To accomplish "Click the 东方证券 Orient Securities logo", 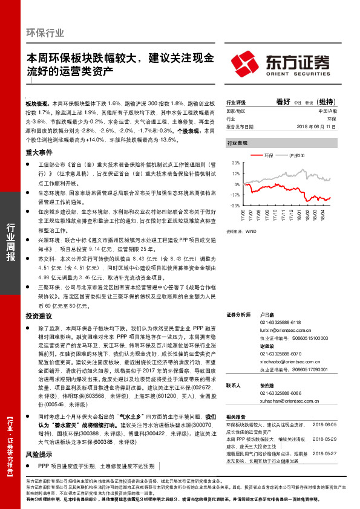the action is point(282,63).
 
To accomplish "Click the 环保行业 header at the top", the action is point(46,33).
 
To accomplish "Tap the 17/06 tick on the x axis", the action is point(243,215).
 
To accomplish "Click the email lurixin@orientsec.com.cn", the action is point(277,332).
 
